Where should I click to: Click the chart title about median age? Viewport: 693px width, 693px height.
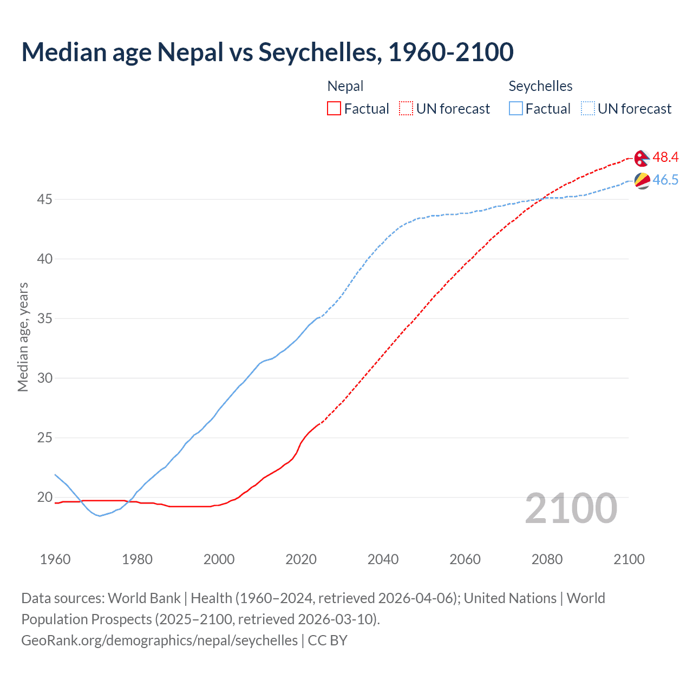(x=267, y=52)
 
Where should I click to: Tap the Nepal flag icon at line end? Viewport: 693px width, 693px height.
(x=642, y=158)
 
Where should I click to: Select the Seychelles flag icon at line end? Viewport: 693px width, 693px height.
(x=642, y=180)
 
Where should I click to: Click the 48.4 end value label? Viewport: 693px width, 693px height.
(x=665, y=158)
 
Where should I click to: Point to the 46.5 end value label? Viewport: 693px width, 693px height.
(x=665, y=180)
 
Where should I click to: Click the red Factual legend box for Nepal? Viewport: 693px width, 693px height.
(x=334, y=109)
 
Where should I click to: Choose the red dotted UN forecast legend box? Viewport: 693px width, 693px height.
(x=406, y=109)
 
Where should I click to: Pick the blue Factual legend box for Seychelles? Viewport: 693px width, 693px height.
(x=516, y=109)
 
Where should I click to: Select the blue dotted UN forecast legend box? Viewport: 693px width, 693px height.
(x=587, y=109)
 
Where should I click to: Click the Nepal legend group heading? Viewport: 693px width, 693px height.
(x=345, y=86)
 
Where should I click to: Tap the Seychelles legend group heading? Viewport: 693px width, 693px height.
(x=540, y=86)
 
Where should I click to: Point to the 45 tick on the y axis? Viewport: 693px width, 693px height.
(x=44, y=200)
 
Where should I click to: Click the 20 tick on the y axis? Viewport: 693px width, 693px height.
(x=44, y=497)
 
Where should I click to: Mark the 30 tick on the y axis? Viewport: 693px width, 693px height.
(x=44, y=378)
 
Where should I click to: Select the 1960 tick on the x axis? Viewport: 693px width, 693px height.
(x=55, y=559)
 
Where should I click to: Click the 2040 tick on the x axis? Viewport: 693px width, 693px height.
(x=383, y=559)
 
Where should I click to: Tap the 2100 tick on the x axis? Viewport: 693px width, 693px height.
(x=629, y=559)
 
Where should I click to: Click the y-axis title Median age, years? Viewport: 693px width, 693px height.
(x=23, y=337)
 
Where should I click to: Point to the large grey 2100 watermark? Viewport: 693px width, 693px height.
(x=571, y=508)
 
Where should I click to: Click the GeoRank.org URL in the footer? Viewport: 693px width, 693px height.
(x=159, y=640)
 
